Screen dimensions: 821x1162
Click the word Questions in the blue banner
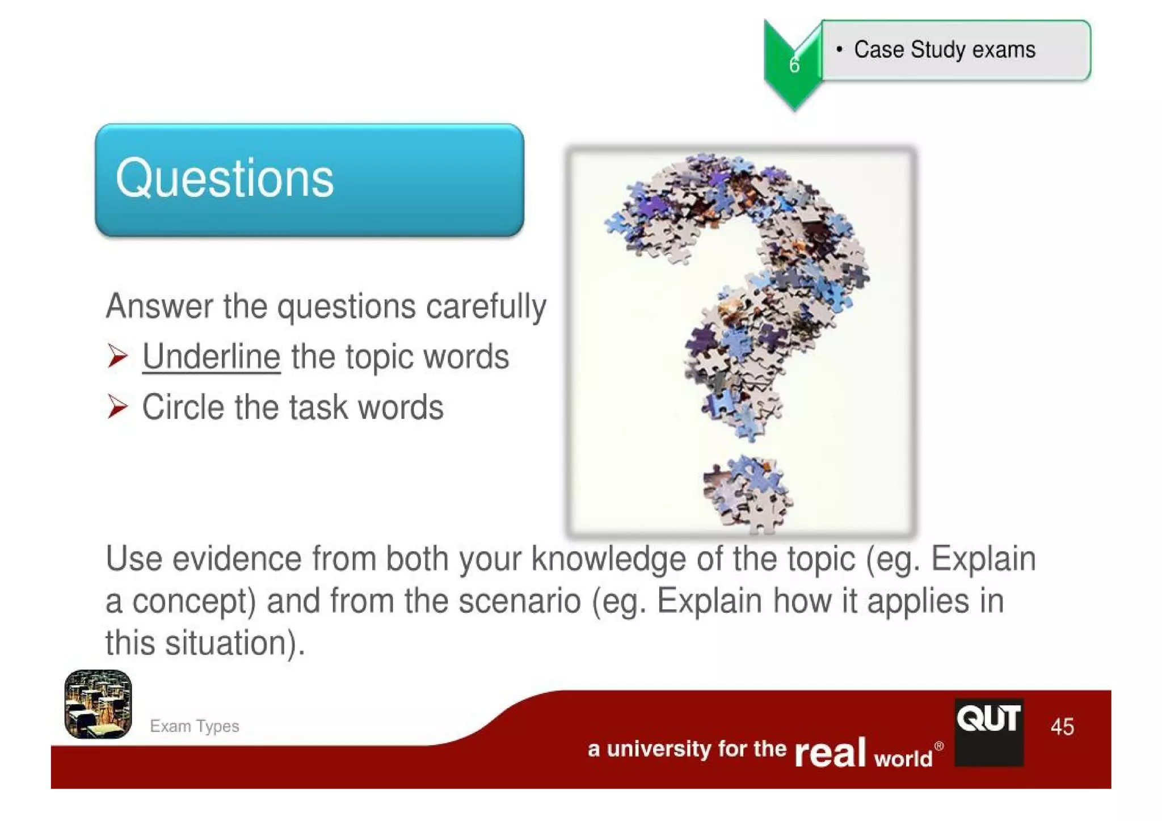click(x=225, y=179)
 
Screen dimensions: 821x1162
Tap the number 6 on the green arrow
click(x=794, y=65)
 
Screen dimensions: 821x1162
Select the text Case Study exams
click(x=945, y=50)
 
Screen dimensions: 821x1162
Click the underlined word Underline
click(x=211, y=357)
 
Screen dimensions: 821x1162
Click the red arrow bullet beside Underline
click(x=117, y=356)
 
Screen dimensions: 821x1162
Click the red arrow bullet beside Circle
click(x=117, y=407)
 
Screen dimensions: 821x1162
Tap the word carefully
click(x=486, y=307)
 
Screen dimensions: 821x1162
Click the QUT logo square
click(x=989, y=732)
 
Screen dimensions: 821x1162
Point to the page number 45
click(x=1062, y=727)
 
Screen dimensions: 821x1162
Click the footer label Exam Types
click(x=195, y=726)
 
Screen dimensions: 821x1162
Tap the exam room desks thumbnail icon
click(x=98, y=704)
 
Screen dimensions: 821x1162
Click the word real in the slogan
click(x=830, y=753)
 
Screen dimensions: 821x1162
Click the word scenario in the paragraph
click(x=519, y=601)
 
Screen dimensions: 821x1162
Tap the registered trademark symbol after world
click(x=939, y=746)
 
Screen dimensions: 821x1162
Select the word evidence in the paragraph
click(x=237, y=559)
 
